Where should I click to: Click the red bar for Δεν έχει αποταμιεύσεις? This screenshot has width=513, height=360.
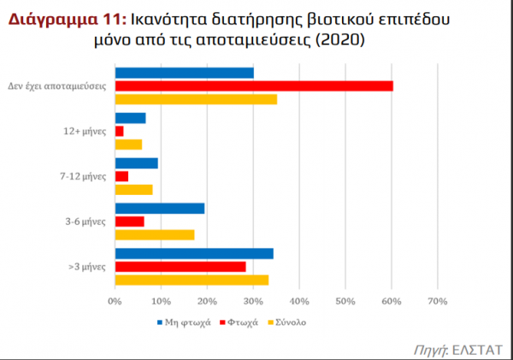tap(253, 86)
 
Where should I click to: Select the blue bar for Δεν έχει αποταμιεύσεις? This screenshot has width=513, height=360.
tap(184, 73)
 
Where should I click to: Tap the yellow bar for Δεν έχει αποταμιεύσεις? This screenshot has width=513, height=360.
tap(196, 99)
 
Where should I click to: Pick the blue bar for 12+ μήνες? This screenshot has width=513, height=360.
tap(130, 118)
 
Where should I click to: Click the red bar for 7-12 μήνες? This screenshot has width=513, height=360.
tap(121, 176)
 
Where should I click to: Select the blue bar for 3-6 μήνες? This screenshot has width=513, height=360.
tap(159, 208)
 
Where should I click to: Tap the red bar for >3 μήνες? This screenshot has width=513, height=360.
tap(180, 267)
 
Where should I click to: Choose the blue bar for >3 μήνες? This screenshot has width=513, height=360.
tap(193, 253)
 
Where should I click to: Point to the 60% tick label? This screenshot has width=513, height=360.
tap(392, 301)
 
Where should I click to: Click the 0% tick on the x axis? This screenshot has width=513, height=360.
tap(115, 301)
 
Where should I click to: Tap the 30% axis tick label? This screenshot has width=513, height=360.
tap(253, 301)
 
